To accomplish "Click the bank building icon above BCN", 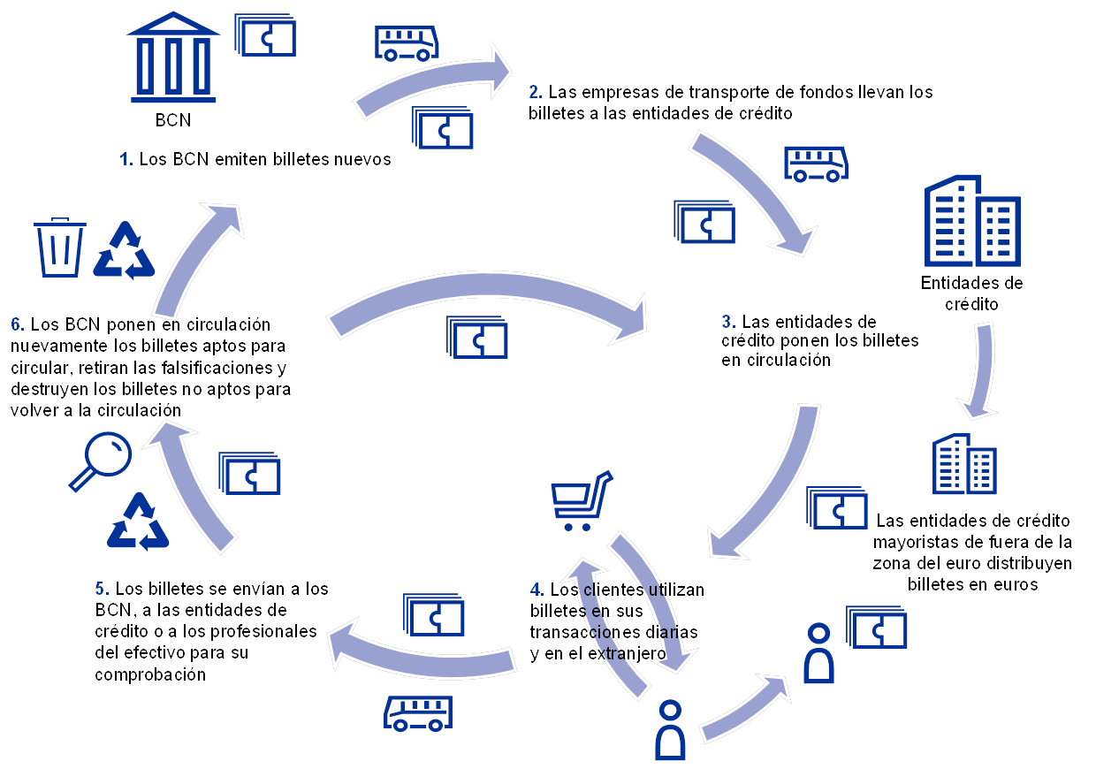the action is [x=173, y=57].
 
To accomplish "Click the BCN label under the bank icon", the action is [x=172, y=120].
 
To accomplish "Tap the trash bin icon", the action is [x=60, y=247].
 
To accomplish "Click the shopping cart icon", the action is [x=582, y=501].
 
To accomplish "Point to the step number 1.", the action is [x=126, y=159].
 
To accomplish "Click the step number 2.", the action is [x=536, y=92].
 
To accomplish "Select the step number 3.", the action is [x=728, y=322].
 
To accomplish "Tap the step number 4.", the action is [x=537, y=590].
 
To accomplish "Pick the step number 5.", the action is [x=102, y=589].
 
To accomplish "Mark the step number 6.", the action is [x=18, y=324].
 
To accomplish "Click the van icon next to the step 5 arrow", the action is [x=418, y=713].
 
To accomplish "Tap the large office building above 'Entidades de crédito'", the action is [x=972, y=221].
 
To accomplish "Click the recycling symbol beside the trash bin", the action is [x=125, y=250].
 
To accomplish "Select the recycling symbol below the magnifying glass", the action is [x=138, y=522].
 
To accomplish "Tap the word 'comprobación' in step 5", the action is [x=150, y=674].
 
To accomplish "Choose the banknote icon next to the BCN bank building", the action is [x=265, y=34].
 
